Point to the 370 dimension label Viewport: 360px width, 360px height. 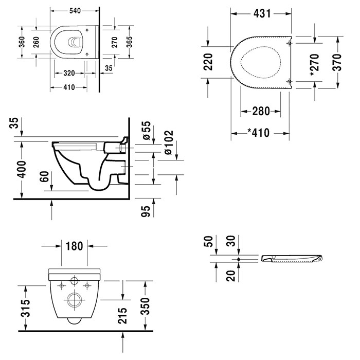tap(337, 62)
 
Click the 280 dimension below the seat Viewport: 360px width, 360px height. tap(260, 111)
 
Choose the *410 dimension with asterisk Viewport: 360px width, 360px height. tap(260, 133)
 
